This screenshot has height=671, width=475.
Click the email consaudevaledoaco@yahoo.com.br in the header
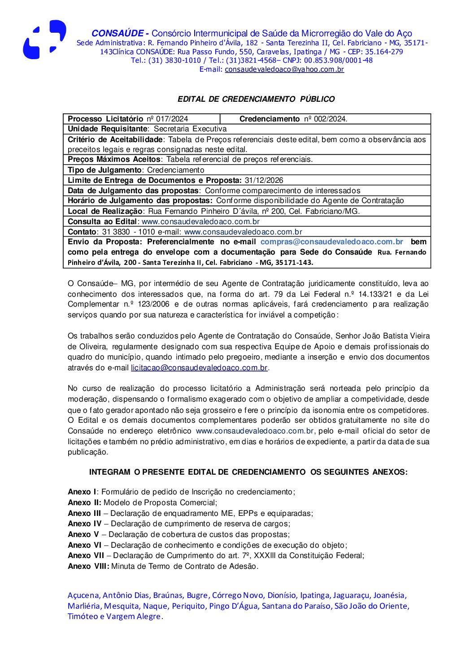(284, 69)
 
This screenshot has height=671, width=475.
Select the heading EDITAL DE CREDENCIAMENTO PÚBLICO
(256, 99)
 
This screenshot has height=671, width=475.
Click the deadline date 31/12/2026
(264, 181)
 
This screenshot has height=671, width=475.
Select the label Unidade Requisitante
(108, 129)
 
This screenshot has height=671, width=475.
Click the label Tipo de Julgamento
(105, 170)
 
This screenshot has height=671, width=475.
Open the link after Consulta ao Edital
(200, 222)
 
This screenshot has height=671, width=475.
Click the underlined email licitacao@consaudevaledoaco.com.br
(199, 368)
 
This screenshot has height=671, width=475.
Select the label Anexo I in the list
(82, 492)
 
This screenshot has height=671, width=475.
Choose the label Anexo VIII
(88, 567)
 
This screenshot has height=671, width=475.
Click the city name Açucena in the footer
(83, 596)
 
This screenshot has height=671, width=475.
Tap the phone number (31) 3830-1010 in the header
(174, 61)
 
